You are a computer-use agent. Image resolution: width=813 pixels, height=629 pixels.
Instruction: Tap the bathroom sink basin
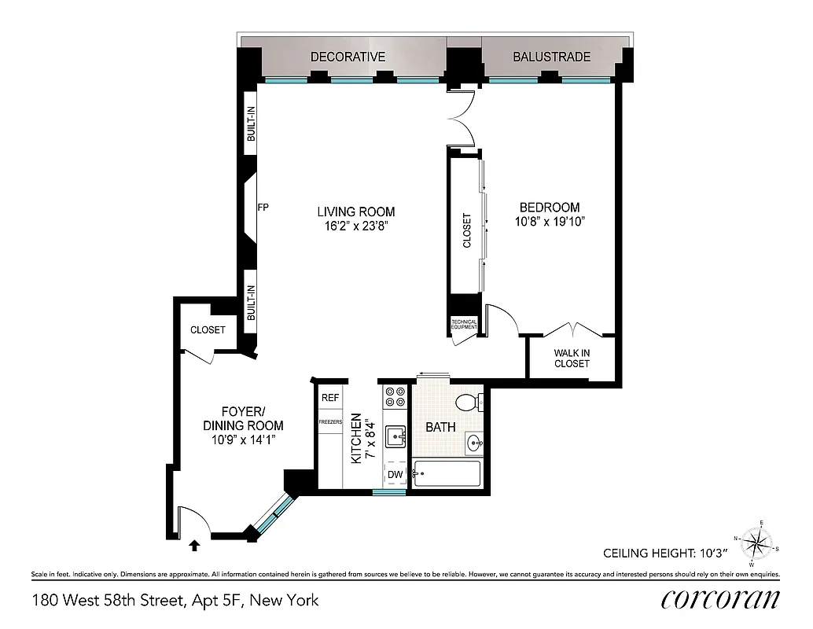point(474,443)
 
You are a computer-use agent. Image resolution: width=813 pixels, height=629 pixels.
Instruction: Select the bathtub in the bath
point(446,475)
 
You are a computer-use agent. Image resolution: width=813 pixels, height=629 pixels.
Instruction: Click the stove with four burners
point(394,396)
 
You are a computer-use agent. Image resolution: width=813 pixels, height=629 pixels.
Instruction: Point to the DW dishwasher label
point(395,475)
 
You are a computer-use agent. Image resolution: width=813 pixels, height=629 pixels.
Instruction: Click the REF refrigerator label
point(330,398)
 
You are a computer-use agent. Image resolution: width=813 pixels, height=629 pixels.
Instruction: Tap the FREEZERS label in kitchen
point(330,421)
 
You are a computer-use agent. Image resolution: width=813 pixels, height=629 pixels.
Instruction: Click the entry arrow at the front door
point(195,543)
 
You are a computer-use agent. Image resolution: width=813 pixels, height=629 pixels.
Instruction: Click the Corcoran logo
point(720,599)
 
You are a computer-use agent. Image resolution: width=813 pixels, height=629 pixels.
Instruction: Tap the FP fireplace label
point(263,208)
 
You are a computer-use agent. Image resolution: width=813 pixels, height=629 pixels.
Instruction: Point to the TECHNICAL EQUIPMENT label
point(463,324)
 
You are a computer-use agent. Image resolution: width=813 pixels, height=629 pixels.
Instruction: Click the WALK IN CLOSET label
point(572,359)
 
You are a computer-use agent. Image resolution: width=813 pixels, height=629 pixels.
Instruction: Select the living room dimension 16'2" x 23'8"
point(355,226)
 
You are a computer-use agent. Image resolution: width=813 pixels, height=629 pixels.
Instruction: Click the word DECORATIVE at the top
point(348,57)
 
